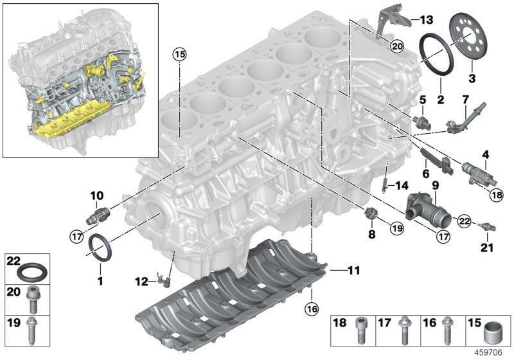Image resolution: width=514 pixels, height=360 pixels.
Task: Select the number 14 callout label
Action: tap(401, 186)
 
